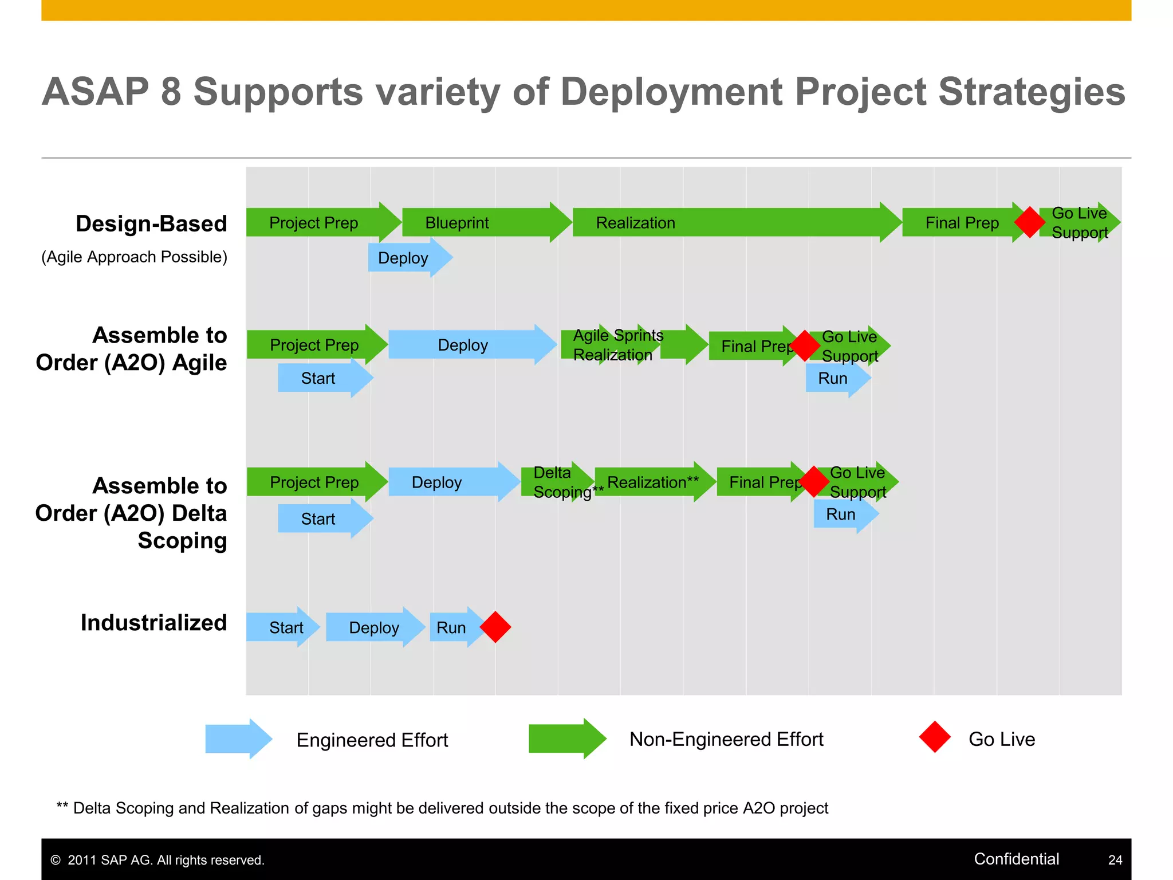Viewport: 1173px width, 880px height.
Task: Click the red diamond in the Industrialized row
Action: coord(495,627)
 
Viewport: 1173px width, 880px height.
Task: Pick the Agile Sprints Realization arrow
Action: coord(624,345)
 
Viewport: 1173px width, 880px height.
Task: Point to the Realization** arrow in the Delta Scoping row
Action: coord(653,482)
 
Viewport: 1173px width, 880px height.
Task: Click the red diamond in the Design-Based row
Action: coord(1029,222)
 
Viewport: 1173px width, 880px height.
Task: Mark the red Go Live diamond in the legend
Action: coord(935,737)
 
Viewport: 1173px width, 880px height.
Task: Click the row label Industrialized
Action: coord(153,623)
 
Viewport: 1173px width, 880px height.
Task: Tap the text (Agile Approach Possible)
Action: coord(134,257)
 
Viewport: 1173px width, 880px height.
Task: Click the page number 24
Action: coord(1115,860)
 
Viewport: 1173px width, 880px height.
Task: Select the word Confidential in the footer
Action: coord(1016,859)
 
